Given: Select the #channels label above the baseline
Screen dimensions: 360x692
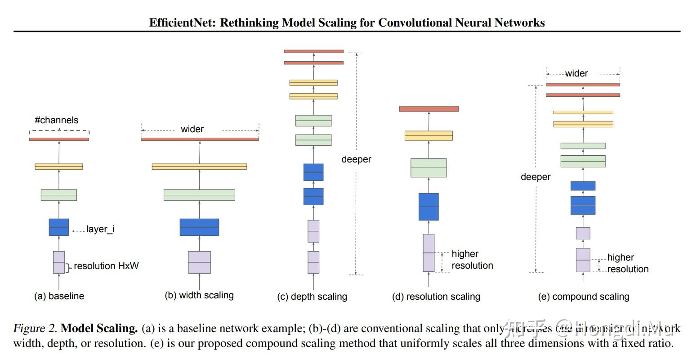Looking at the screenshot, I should click(x=56, y=120).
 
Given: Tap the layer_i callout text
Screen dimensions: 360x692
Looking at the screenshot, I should click(x=100, y=229).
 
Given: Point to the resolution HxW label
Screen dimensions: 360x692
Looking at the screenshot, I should click(x=106, y=266).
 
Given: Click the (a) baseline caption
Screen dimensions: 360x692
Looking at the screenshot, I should click(x=59, y=296).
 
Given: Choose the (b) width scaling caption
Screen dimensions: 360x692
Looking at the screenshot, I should click(x=199, y=295).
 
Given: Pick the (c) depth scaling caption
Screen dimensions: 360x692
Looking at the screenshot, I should click(x=312, y=297).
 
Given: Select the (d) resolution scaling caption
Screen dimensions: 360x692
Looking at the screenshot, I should click(x=436, y=297).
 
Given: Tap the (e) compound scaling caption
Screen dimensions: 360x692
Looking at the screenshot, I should click(x=584, y=297).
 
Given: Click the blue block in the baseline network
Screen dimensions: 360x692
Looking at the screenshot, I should click(x=59, y=227).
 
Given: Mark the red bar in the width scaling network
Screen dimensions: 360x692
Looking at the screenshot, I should click(x=200, y=139).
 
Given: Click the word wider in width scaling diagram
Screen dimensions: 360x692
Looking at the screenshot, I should click(x=192, y=129).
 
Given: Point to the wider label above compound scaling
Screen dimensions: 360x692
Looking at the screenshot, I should click(x=576, y=73).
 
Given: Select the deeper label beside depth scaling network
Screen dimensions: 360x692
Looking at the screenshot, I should click(x=357, y=159).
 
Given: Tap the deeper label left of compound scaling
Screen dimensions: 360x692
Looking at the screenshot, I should click(x=536, y=177).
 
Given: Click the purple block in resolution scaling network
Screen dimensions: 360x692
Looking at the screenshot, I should click(x=429, y=253).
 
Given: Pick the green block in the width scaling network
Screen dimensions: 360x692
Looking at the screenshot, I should click(x=199, y=195).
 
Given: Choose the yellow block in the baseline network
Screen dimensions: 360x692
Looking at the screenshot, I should click(x=59, y=166).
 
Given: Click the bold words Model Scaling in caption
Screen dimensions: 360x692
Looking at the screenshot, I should click(x=99, y=328).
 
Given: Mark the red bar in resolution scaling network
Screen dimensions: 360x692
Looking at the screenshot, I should click(x=429, y=109).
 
